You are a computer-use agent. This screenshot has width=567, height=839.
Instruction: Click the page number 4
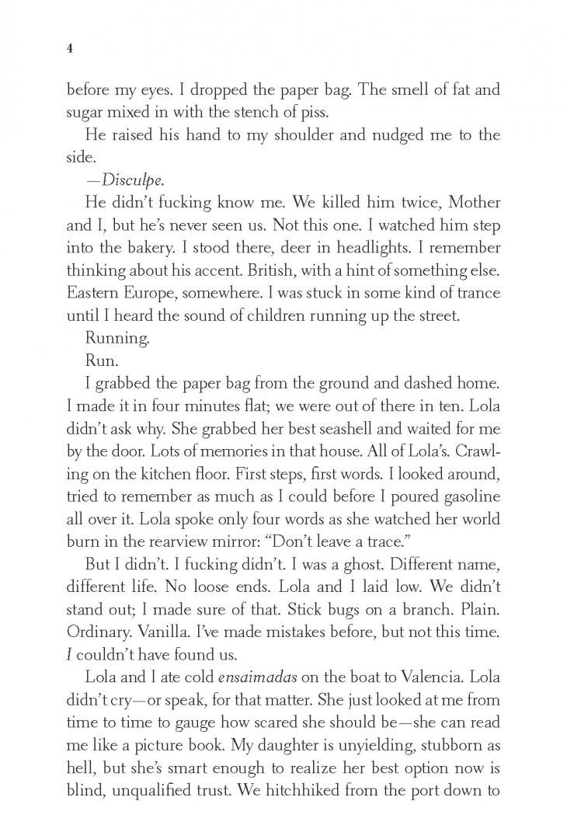click(70, 48)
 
